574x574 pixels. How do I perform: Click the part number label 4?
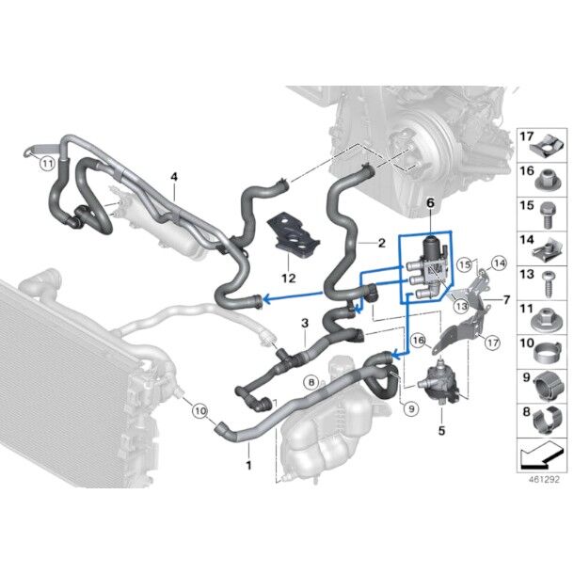[173, 177]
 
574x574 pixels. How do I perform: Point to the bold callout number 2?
[381, 243]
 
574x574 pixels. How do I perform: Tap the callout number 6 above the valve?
[430, 203]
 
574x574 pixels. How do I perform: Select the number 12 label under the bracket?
[288, 278]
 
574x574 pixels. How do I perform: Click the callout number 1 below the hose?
[248, 465]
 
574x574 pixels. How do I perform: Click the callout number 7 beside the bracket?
[507, 299]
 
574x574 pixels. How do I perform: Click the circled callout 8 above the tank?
[310, 381]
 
